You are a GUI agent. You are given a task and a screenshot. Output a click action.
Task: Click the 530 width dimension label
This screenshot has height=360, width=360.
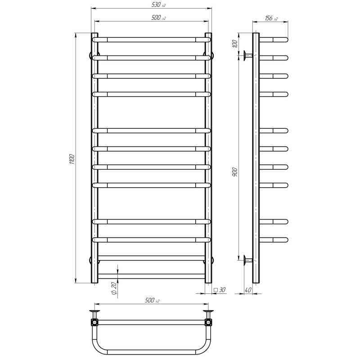pyautogui.click(x=158, y=5)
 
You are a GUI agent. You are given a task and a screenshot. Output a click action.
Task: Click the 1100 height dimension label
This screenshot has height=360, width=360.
pyautogui.click(x=72, y=159)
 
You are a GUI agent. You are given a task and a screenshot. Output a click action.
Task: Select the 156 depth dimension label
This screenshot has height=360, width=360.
pyautogui.click(x=271, y=18)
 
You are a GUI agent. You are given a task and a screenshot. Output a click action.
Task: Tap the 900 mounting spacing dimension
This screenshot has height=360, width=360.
pyautogui.click(x=234, y=172)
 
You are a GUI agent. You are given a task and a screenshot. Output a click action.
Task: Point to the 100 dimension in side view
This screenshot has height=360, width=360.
pyautogui.click(x=234, y=44)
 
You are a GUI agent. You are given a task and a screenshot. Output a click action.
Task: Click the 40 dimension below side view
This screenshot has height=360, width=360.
pyautogui.click(x=248, y=290)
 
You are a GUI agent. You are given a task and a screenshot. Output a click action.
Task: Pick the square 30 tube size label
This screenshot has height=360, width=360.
pyautogui.click(x=220, y=290)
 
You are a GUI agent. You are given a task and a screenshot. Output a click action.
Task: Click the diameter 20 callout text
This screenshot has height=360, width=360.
pyautogui.click(x=114, y=288)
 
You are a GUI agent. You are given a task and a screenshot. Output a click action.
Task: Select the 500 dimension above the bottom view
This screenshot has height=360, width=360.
pyautogui.click(x=152, y=300)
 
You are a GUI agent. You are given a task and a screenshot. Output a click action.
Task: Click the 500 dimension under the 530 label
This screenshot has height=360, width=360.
pyautogui.click(x=158, y=18)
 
